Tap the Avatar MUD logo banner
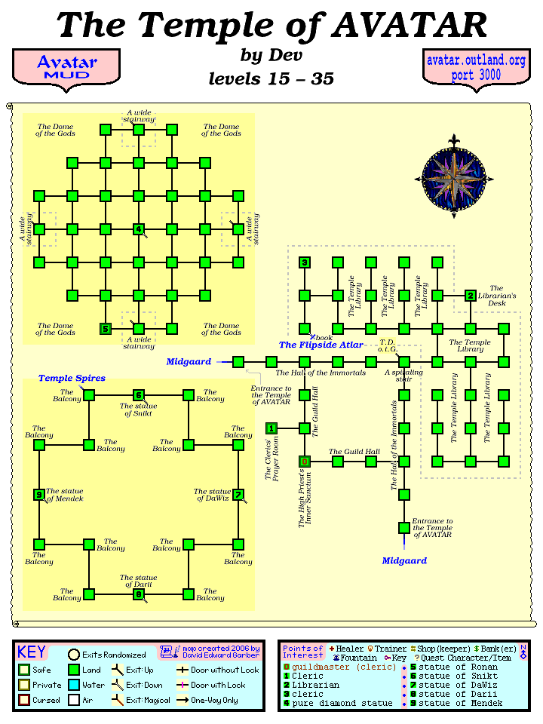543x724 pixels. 66,67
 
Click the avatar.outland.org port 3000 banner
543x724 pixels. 476,67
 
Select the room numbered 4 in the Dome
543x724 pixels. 139,229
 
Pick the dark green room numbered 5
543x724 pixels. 106,329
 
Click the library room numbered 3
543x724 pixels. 305,262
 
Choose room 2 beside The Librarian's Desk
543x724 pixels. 470,296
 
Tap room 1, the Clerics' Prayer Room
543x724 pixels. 271,428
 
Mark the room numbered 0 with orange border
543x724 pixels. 305,461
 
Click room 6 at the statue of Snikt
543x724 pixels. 139,395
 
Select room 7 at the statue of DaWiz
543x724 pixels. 238,495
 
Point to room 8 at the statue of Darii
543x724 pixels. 139,594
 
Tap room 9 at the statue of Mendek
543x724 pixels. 39,495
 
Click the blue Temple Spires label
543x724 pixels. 72,378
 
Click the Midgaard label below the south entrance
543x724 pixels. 404,560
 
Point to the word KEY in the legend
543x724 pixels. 32,652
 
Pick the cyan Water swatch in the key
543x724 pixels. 74,685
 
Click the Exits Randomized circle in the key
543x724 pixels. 74,655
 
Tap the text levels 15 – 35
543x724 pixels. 271,78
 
